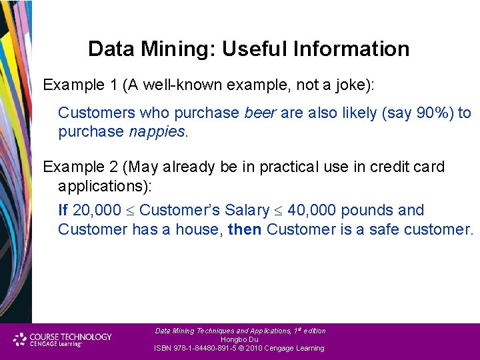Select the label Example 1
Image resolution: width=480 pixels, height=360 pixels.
[75, 85]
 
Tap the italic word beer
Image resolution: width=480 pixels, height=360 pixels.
[260, 113]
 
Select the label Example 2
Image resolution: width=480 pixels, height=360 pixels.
[75, 167]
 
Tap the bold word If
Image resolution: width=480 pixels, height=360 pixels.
[63, 211]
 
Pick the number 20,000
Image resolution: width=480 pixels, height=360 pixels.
[97, 211]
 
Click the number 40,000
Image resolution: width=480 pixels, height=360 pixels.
[312, 211]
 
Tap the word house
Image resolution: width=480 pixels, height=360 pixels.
[201, 229]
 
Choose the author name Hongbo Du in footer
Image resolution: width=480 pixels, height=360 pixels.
[239, 339]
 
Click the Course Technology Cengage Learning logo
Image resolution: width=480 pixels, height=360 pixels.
[63, 340]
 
